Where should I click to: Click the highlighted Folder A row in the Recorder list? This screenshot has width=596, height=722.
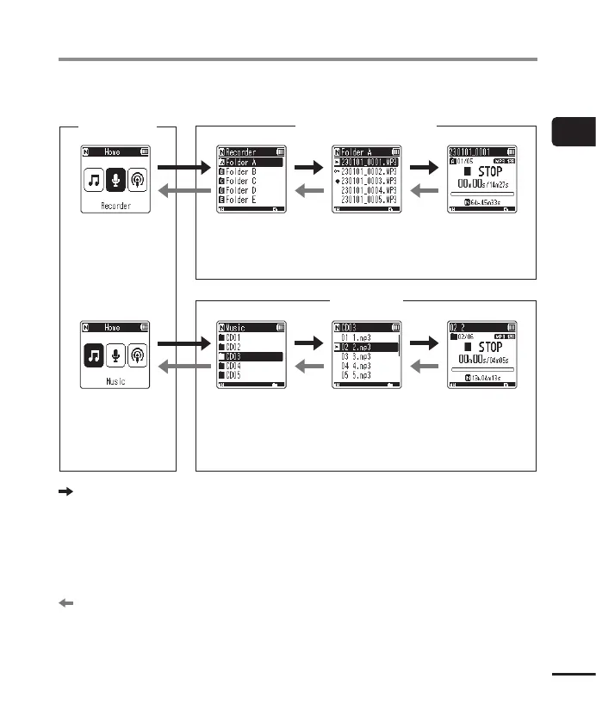point(249,162)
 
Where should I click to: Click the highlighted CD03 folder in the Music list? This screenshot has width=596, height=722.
point(249,356)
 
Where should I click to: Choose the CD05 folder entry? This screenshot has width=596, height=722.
point(242,376)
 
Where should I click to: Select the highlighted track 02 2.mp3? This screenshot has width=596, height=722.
point(363,347)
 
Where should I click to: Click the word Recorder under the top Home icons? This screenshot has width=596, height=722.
point(115,207)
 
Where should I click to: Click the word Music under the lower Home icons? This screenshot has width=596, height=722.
point(115,381)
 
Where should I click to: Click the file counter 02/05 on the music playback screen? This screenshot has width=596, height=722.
point(469,337)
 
